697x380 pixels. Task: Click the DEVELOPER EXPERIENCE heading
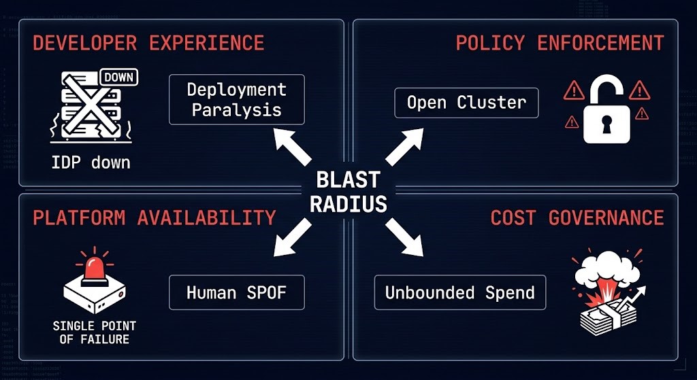click(148, 43)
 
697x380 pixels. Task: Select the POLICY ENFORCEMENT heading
click(560, 43)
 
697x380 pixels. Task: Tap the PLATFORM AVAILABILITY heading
click(154, 218)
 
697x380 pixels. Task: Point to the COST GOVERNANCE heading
click(577, 218)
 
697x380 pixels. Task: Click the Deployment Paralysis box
click(236, 99)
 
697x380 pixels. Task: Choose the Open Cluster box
click(466, 103)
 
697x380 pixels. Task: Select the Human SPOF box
click(236, 293)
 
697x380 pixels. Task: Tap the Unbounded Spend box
click(460, 293)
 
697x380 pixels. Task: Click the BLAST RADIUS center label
click(348, 192)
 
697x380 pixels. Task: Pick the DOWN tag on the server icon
click(118, 77)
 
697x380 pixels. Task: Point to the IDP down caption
click(91, 163)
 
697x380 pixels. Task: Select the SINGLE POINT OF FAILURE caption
click(94, 332)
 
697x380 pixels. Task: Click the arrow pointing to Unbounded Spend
click(405, 239)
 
